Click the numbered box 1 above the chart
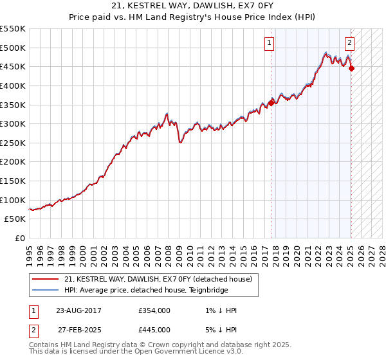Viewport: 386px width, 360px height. (x=268, y=44)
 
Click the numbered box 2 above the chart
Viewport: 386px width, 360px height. (x=349, y=44)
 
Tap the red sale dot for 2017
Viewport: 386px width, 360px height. (x=271, y=102)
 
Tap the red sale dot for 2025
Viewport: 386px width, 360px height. (x=352, y=69)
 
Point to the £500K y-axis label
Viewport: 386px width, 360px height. (x=13, y=48)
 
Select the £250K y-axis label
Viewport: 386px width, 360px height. (x=13, y=143)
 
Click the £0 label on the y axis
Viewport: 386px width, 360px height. (x=21, y=238)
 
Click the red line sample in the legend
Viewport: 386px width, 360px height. (x=46, y=279)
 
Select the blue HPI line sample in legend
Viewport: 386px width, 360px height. (x=46, y=289)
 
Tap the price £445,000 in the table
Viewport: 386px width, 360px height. (x=154, y=329)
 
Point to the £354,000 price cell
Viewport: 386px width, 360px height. (x=154, y=310)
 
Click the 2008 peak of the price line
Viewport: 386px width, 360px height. (x=167, y=113)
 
